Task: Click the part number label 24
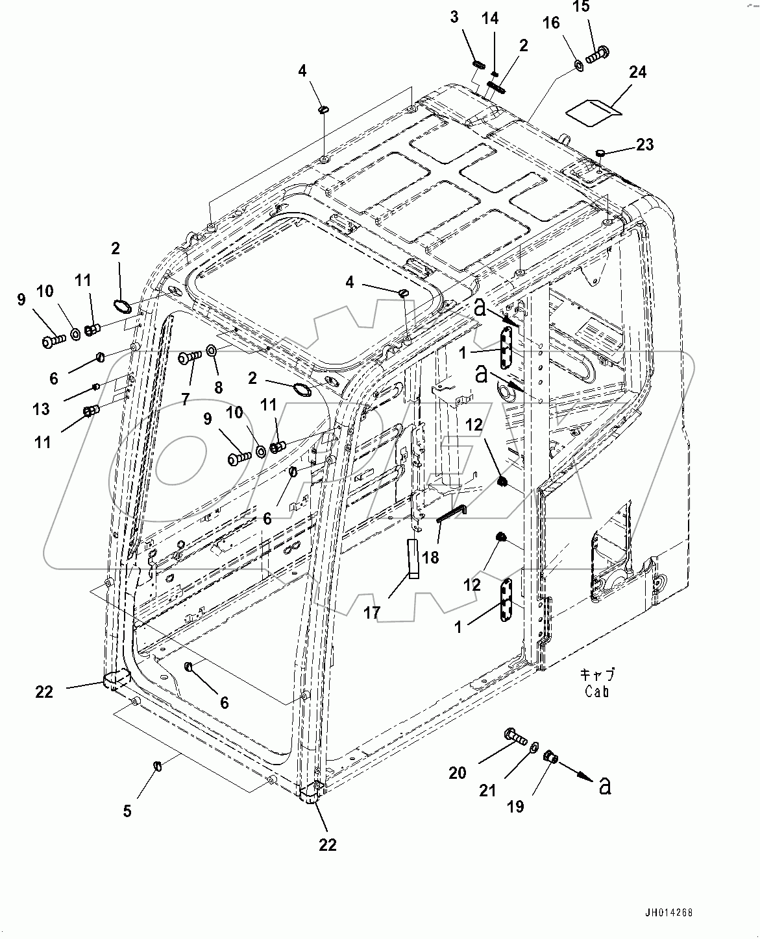[x=637, y=72]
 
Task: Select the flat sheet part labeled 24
[x=593, y=108]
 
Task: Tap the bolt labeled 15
[x=595, y=56]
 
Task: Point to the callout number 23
[x=644, y=145]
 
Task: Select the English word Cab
[x=596, y=692]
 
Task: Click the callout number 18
[x=430, y=557]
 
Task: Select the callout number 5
[x=127, y=811]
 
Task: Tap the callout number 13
[x=41, y=409]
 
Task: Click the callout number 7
[x=186, y=399]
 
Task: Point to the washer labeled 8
[x=212, y=351]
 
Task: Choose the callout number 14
[x=491, y=19]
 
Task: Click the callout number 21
[x=487, y=790]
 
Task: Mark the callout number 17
[x=371, y=612]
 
